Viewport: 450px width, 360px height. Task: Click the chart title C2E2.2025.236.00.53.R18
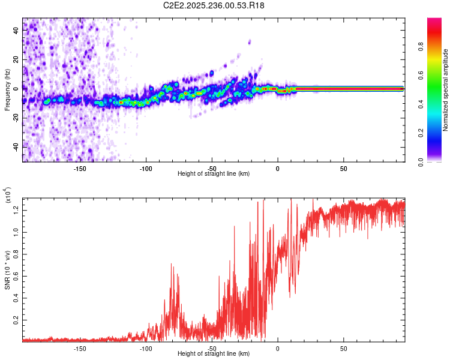pos(214,5)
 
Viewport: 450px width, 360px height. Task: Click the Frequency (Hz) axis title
pos(7,90)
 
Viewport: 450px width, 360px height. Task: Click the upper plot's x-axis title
pos(214,173)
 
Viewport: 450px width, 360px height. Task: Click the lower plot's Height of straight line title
pos(214,353)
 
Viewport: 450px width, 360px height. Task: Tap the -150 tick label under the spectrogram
pos(80,168)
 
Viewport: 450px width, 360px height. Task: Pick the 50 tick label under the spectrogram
pos(343,168)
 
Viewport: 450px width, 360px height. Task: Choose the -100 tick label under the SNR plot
pos(146,348)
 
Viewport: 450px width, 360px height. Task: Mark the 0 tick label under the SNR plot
pos(277,348)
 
